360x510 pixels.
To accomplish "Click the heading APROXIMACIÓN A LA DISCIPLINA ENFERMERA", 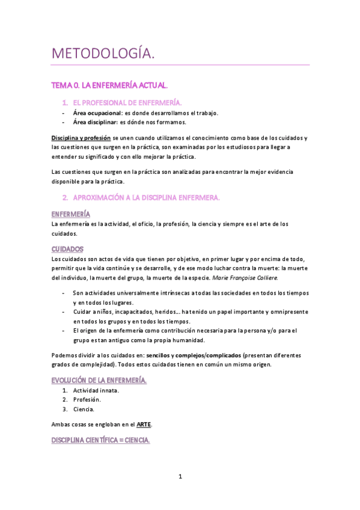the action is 146,197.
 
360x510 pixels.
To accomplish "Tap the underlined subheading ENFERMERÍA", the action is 71,214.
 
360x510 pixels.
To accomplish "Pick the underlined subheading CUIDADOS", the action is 67,248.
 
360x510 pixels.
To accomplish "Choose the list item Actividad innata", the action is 96,390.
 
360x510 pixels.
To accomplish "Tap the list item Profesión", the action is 87,400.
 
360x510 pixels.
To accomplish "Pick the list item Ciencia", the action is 84,409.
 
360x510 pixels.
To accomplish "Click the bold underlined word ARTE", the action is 144,424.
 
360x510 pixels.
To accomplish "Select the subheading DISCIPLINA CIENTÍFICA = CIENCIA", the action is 100,441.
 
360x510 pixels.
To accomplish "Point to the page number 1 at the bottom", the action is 180,477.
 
